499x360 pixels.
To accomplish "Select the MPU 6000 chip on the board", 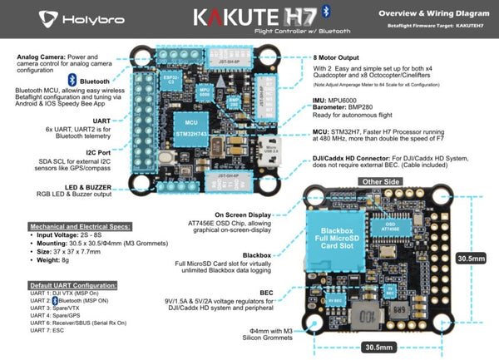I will (x=203, y=91).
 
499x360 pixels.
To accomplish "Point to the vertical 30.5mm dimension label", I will (x=472, y=259).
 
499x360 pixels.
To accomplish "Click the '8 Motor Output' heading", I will (x=338, y=57).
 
